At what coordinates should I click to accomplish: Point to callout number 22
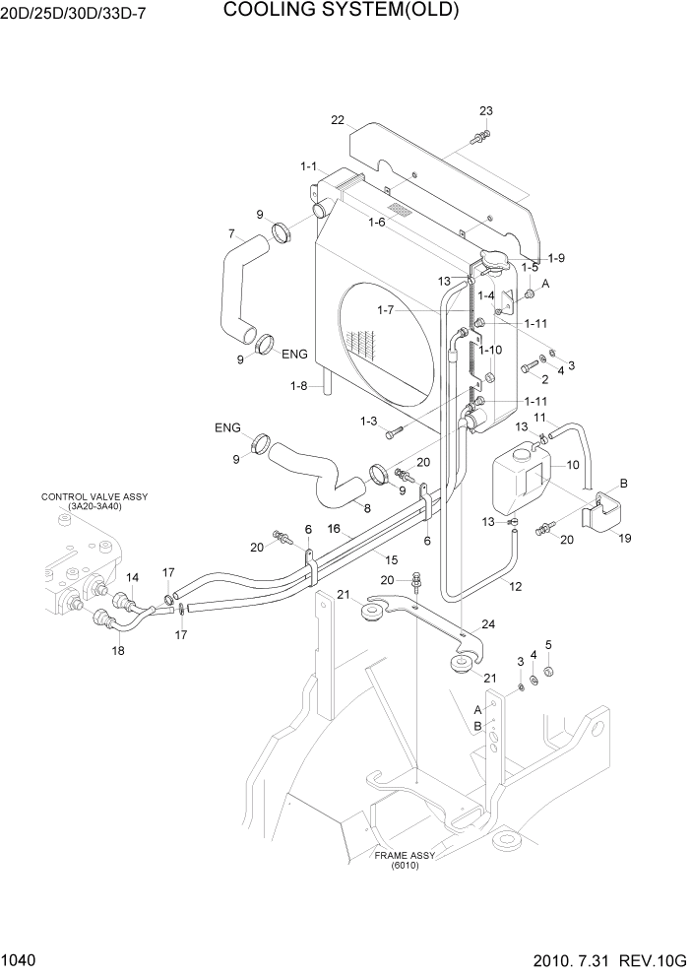338,120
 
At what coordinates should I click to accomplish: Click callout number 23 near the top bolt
485,110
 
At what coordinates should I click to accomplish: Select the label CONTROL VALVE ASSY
94,496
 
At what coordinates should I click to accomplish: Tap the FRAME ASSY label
404,856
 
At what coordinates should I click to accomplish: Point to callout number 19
624,538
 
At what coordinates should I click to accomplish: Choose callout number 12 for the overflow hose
514,586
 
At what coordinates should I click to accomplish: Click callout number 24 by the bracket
489,622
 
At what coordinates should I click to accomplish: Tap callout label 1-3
369,422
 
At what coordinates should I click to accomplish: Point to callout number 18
117,650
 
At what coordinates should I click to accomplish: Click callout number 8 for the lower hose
367,508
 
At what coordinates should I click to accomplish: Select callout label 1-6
376,223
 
